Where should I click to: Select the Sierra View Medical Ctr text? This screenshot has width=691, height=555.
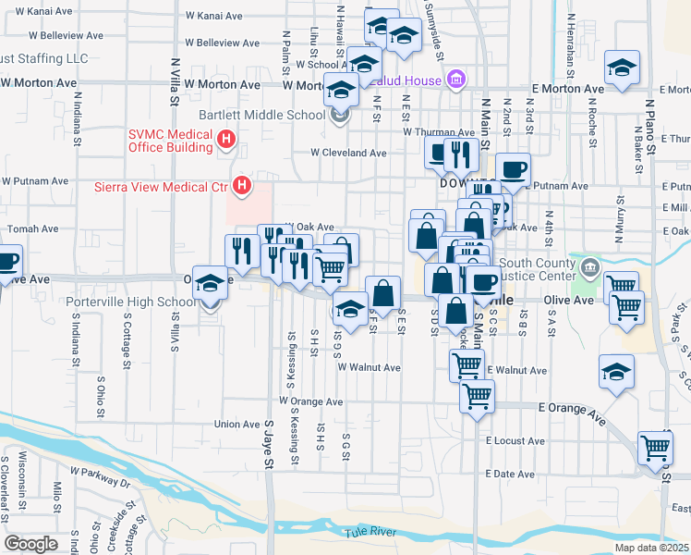(x=161, y=187)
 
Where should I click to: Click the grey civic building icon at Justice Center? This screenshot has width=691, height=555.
(x=589, y=269)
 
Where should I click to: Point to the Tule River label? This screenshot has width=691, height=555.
(x=370, y=532)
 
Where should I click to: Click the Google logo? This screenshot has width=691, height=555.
(x=30, y=543)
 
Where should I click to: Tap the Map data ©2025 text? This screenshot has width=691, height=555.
(x=651, y=547)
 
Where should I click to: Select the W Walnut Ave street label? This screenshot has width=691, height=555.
(x=369, y=367)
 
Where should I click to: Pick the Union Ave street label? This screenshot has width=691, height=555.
(x=237, y=425)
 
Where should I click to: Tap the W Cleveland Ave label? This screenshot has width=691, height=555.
(x=348, y=153)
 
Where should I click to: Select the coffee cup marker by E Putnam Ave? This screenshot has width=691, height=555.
(x=513, y=170)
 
